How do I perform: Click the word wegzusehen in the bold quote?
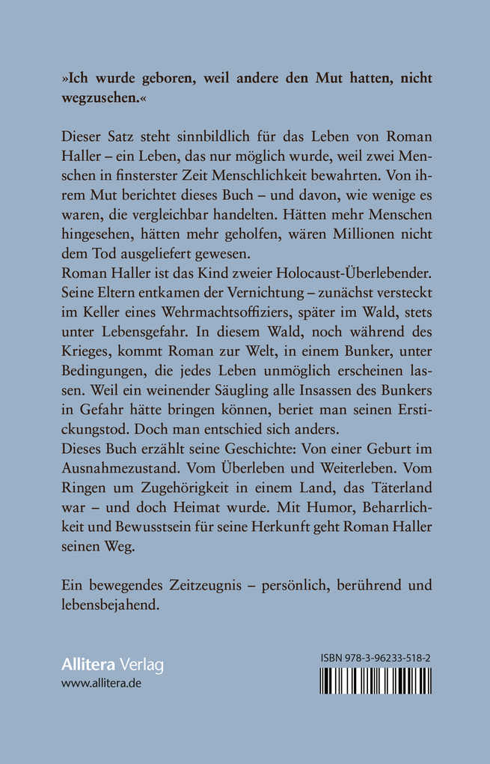[97, 101]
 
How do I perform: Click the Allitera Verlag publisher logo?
[111, 665]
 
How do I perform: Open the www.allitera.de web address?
[101, 684]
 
